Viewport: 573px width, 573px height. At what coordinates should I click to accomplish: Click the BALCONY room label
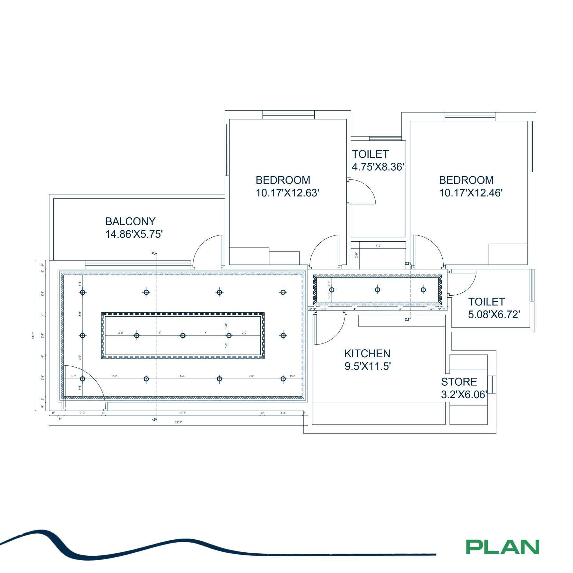pos(130,222)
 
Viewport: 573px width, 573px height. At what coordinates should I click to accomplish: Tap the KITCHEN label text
pos(367,354)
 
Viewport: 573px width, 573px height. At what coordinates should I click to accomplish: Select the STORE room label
pos(459,382)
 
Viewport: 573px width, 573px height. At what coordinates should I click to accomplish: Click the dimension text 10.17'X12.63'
pos(287,193)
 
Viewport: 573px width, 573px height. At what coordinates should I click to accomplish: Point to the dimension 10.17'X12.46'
pos(471,193)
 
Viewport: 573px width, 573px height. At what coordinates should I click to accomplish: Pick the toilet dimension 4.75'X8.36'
pos(378,167)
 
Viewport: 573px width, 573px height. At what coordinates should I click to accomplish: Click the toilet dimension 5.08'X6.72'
pos(494,315)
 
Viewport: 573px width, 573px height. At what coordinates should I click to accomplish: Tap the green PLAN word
pos(503,547)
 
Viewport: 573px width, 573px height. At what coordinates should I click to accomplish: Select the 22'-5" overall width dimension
pos(178,422)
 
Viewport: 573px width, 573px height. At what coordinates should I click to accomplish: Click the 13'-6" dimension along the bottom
pos(183,413)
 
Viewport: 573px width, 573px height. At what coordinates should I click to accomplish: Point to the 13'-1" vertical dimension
pos(33,336)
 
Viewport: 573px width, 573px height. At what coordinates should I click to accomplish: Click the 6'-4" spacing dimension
pos(183,376)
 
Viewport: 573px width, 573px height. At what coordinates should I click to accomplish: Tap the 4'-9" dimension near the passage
pos(378,246)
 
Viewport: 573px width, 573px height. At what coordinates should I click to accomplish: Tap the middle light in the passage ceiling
pos(378,290)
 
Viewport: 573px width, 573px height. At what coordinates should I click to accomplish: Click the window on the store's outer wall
pos(492,384)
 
